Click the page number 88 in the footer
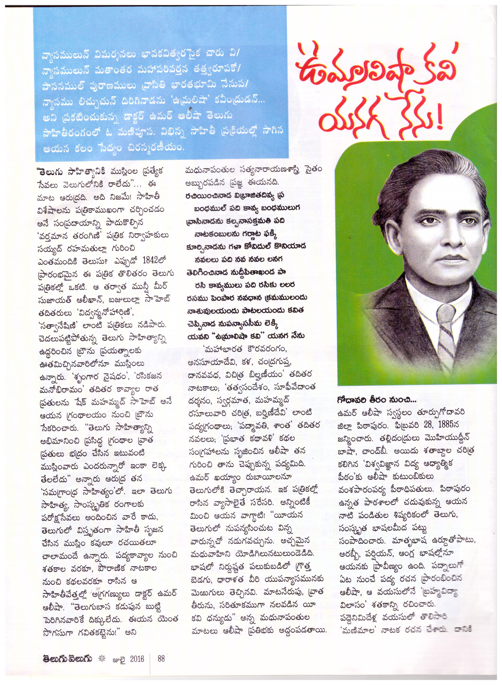click(x=161, y=657)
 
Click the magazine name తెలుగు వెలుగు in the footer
click(x=66, y=657)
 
